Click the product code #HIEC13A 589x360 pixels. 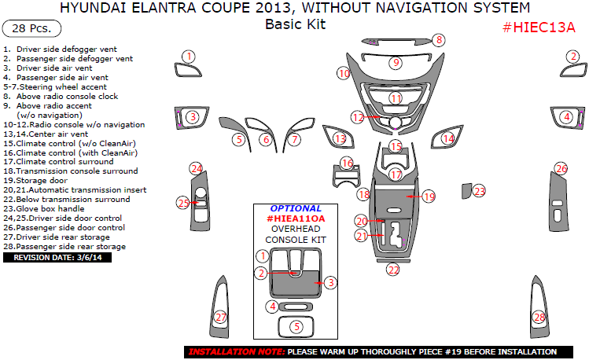click(539, 28)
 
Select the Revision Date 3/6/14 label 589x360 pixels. click(57, 257)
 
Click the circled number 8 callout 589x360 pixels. click(439, 40)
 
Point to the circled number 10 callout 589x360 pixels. click(343, 73)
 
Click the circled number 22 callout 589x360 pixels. click(393, 270)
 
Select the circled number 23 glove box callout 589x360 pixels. click(479, 191)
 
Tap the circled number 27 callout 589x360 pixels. click(221, 317)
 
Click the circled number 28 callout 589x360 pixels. click(539, 317)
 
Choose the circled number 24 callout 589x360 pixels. click(197, 169)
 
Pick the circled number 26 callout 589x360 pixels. click(561, 169)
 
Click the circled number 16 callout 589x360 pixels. click(347, 163)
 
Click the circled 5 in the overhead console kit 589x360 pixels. click(296, 326)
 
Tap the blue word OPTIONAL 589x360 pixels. click(290, 209)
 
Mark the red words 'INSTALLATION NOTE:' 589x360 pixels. click(235, 351)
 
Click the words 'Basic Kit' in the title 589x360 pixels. click(295, 24)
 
